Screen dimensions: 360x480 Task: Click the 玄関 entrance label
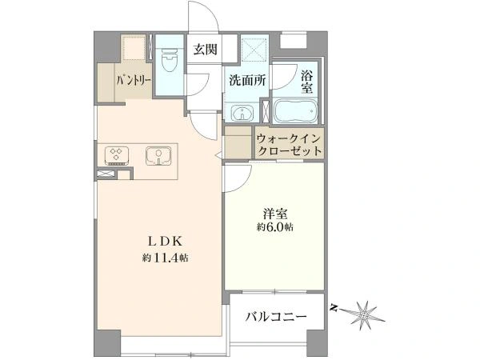coord(205,49)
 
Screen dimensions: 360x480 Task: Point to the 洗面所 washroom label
coord(246,80)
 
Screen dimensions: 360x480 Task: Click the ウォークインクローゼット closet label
coord(290,145)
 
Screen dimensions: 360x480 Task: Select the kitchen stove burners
coord(116,155)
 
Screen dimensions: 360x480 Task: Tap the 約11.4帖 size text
coord(167,258)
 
